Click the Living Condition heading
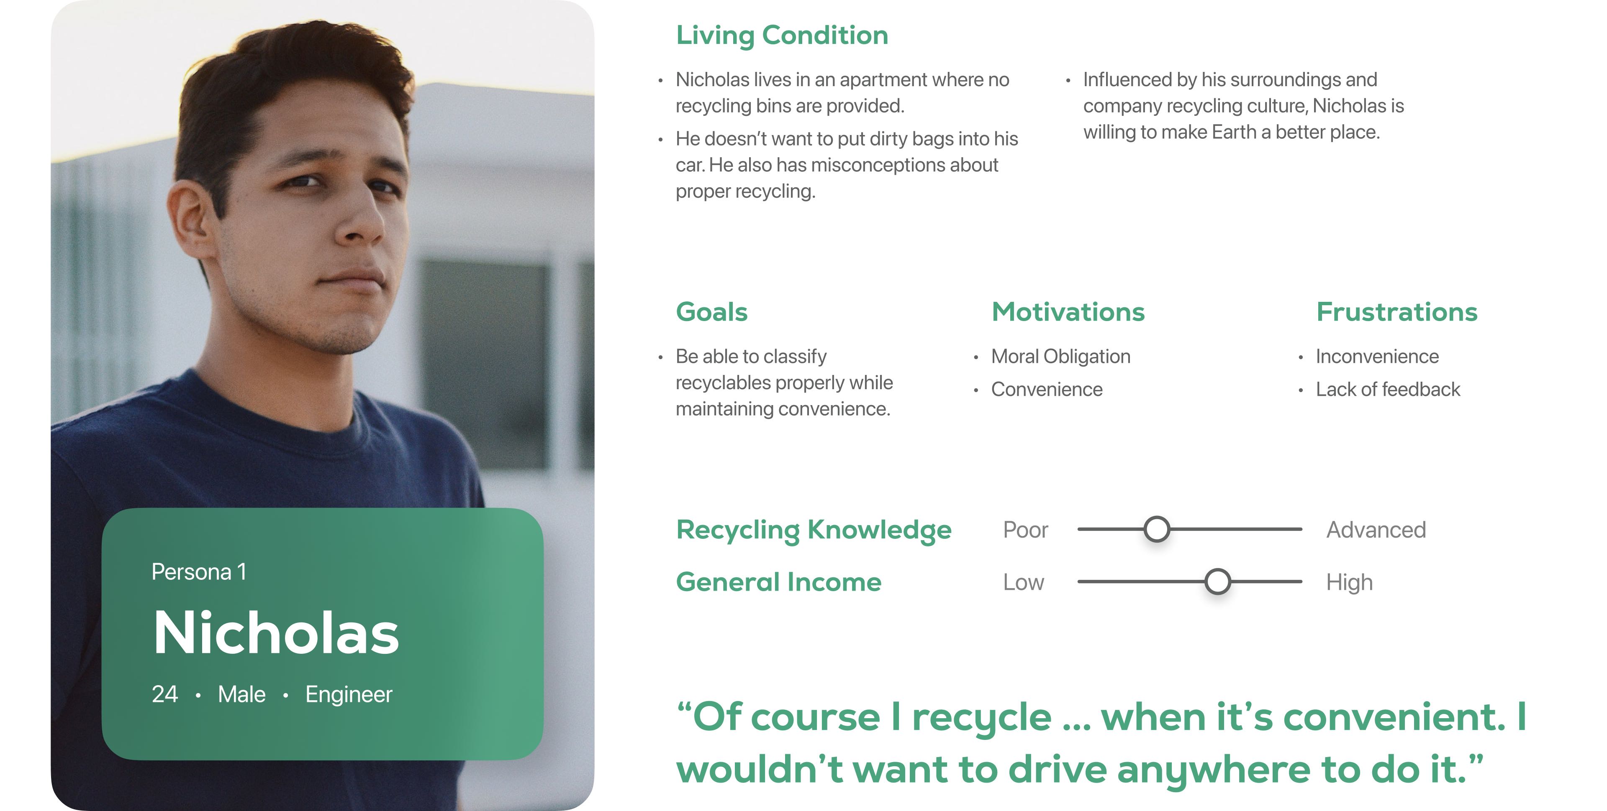click(782, 36)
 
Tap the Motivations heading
click(1068, 312)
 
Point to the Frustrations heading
click(1397, 312)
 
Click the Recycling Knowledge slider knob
click(1157, 529)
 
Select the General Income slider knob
click(1217, 581)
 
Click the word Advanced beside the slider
click(1376, 530)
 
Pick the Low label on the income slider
click(1023, 582)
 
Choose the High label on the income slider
click(1349, 583)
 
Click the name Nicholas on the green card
click(276, 633)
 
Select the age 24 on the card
click(165, 694)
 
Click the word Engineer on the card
click(349, 694)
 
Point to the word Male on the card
click(241, 694)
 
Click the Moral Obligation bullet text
click(1060, 357)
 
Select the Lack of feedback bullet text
click(1388, 390)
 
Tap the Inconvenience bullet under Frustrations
click(1377, 357)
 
